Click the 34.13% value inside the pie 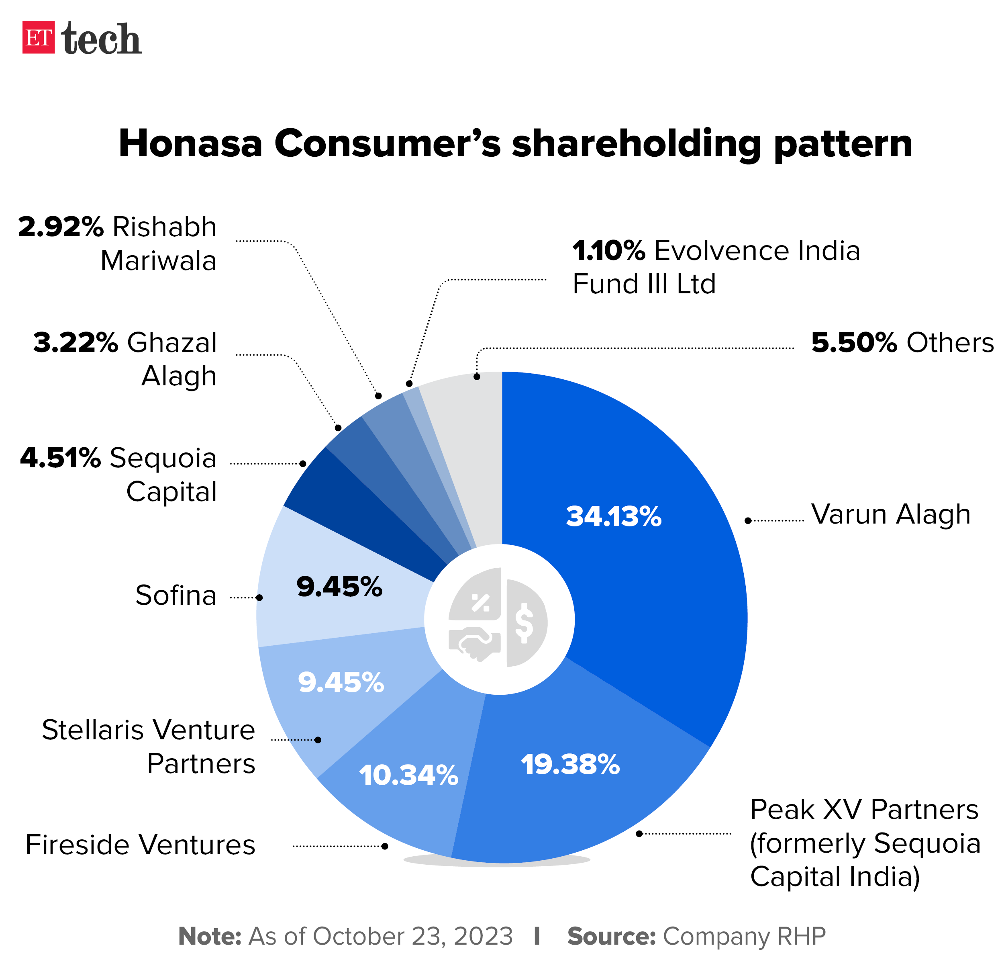[x=613, y=516]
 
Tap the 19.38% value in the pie [x=570, y=764]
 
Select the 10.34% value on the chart [x=408, y=775]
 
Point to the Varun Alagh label [x=890, y=514]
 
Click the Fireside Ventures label [x=140, y=845]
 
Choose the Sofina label [x=176, y=595]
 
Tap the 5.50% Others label [x=902, y=342]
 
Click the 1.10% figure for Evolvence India [x=608, y=251]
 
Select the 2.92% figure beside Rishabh [x=61, y=227]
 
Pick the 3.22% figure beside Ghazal [x=76, y=342]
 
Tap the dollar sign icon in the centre [x=524, y=623]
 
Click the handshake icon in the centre [x=474, y=643]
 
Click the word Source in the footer [x=611, y=937]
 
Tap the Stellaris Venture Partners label [x=149, y=746]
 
